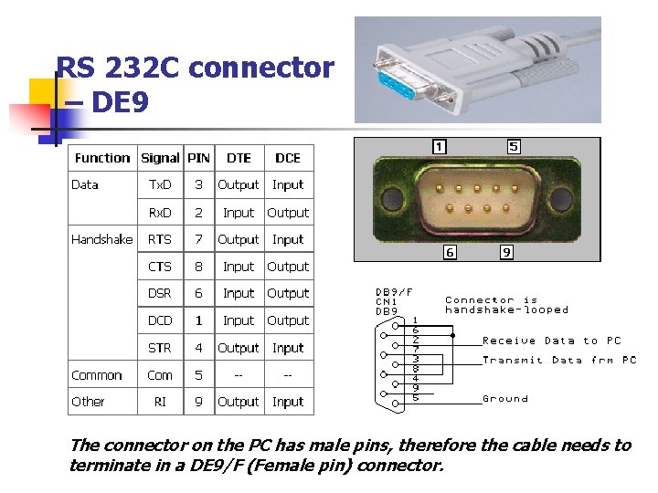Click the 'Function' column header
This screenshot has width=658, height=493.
tap(102, 158)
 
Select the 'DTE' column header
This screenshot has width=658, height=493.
tap(239, 158)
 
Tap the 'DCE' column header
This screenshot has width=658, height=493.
tap(288, 158)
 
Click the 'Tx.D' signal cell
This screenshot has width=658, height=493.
tap(160, 184)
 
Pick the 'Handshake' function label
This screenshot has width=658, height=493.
tap(101, 239)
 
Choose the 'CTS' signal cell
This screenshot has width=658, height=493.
tap(160, 267)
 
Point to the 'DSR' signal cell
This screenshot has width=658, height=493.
tap(160, 293)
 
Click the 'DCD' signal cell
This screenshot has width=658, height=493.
tap(160, 320)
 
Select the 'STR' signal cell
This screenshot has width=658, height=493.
tap(160, 348)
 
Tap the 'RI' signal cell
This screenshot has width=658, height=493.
tap(160, 402)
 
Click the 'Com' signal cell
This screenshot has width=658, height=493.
tap(160, 375)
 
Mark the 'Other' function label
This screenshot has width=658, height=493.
tap(88, 402)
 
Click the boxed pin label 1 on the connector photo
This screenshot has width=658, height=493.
tap(440, 146)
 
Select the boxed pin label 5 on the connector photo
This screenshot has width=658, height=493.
tap(514, 146)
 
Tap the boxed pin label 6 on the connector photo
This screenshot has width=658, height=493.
tap(450, 253)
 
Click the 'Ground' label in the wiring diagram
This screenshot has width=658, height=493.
tap(505, 399)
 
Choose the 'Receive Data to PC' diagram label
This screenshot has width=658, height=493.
tap(551, 341)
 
